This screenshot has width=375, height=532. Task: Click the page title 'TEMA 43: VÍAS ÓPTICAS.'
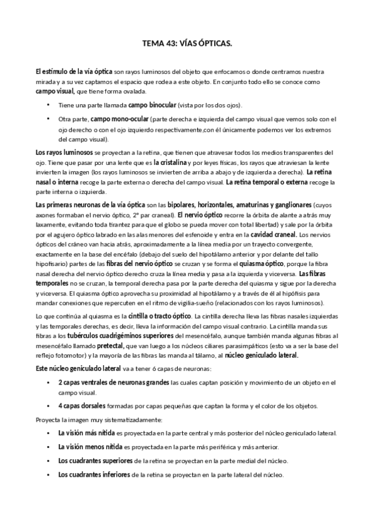tap(187, 45)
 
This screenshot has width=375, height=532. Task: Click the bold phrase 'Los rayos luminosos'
tap(64, 152)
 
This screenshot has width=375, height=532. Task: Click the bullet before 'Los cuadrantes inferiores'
tap(49, 474)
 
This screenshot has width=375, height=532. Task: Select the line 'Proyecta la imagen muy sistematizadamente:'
tap(100, 419)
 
